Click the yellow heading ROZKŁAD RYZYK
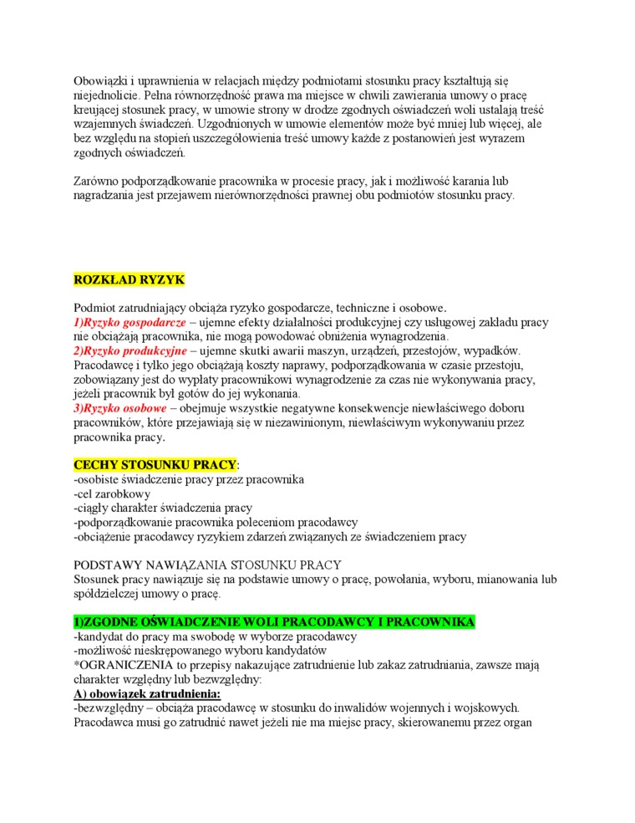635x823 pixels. pos(129,279)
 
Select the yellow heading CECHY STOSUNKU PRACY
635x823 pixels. pos(155,464)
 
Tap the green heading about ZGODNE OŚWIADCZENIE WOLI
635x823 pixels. pos(275,621)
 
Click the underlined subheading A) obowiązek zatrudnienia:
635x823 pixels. pos(148,693)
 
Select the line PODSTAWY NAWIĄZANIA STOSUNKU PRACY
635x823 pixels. pos(207,565)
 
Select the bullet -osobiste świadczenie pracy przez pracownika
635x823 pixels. pos(189,479)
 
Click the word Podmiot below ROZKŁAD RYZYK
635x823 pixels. pos(96,307)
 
